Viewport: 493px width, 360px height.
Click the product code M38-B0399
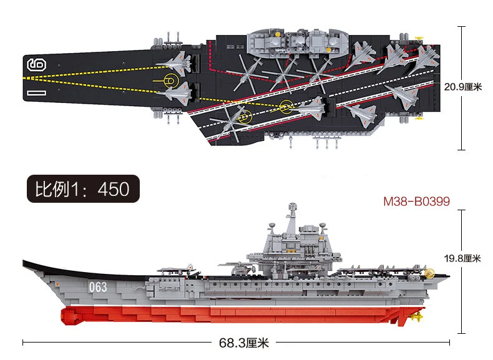click(416, 201)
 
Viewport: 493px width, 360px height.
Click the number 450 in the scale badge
click(112, 187)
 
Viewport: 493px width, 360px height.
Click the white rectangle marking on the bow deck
click(36, 93)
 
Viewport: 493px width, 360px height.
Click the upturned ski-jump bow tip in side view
click(25, 263)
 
